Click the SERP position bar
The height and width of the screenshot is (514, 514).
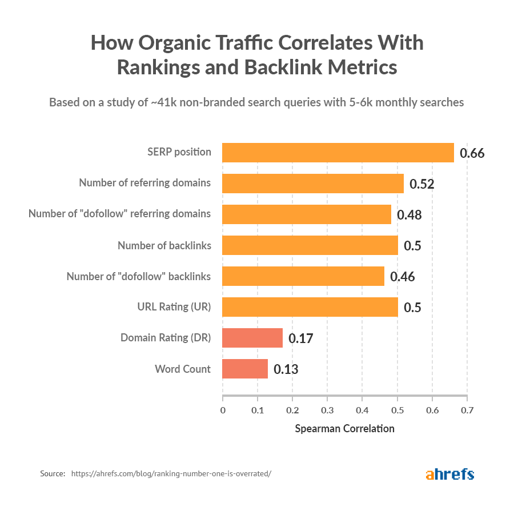pyautogui.click(x=338, y=153)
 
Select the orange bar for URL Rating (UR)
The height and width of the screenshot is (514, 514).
pyautogui.click(x=310, y=307)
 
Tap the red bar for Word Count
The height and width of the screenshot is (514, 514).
pyautogui.click(x=245, y=369)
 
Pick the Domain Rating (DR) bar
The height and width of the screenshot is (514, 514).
pyautogui.click(x=252, y=338)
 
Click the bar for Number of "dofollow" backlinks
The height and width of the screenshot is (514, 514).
pyautogui.click(x=303, y=276)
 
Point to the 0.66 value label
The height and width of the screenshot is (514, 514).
pyautogui.click(x=472, y=153)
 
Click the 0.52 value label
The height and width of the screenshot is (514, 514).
pyautogui.click(x=422, y=184)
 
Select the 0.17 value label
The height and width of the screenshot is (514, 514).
pyautogui.click(x=300, y=338)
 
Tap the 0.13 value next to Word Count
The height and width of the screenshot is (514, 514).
pyautogui.click(x=286, y=369)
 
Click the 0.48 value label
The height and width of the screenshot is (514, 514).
pyautogui.click(x=409, y=215)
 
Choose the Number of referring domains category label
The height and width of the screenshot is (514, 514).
pyautogui.click(x=144, y=183)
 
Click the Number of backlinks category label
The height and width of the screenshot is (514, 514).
pyautogui.click(x=164, y=245)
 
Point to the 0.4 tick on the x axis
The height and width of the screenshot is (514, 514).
pyautogui.click(x=362, y=410)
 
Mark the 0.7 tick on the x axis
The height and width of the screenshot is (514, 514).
pyautogui.click(x=467, y=410)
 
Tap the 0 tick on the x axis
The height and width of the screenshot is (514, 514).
pyautogui.click(x=223, y=410)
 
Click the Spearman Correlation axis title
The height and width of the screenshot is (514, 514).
pyautogui.click(x=344, y=428)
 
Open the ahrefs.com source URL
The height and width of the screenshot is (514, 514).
pyautogui.click(x=171, y=474)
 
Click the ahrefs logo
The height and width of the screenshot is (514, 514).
pyautogui.click(x=449, y=474)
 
